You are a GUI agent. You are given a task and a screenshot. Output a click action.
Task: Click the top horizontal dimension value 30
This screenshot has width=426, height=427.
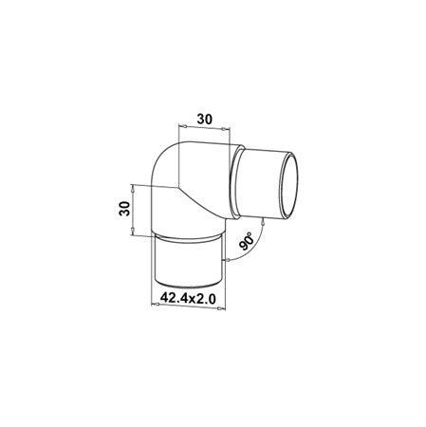(205, 119)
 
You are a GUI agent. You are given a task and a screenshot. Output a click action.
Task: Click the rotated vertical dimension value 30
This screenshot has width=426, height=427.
(124, 209)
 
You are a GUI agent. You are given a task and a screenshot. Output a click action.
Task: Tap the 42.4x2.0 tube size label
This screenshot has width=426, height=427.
(188, 298)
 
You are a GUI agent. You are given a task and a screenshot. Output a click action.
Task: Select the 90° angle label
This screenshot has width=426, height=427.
(247, 241)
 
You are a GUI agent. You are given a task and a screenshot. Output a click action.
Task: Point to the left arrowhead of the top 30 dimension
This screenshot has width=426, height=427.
(183, 127)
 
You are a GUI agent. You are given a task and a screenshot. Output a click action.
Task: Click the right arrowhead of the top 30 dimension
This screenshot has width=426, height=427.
(224, 129)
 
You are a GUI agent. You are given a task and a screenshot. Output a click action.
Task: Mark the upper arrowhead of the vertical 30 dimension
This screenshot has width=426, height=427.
(133, 189)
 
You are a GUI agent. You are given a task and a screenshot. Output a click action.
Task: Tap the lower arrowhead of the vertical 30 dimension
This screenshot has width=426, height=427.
(133, 230)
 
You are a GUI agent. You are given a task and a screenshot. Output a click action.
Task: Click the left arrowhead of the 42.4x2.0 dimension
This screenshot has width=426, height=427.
(156, 305)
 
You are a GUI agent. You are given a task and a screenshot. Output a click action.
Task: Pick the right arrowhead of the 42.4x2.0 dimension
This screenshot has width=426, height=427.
(221, 308)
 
